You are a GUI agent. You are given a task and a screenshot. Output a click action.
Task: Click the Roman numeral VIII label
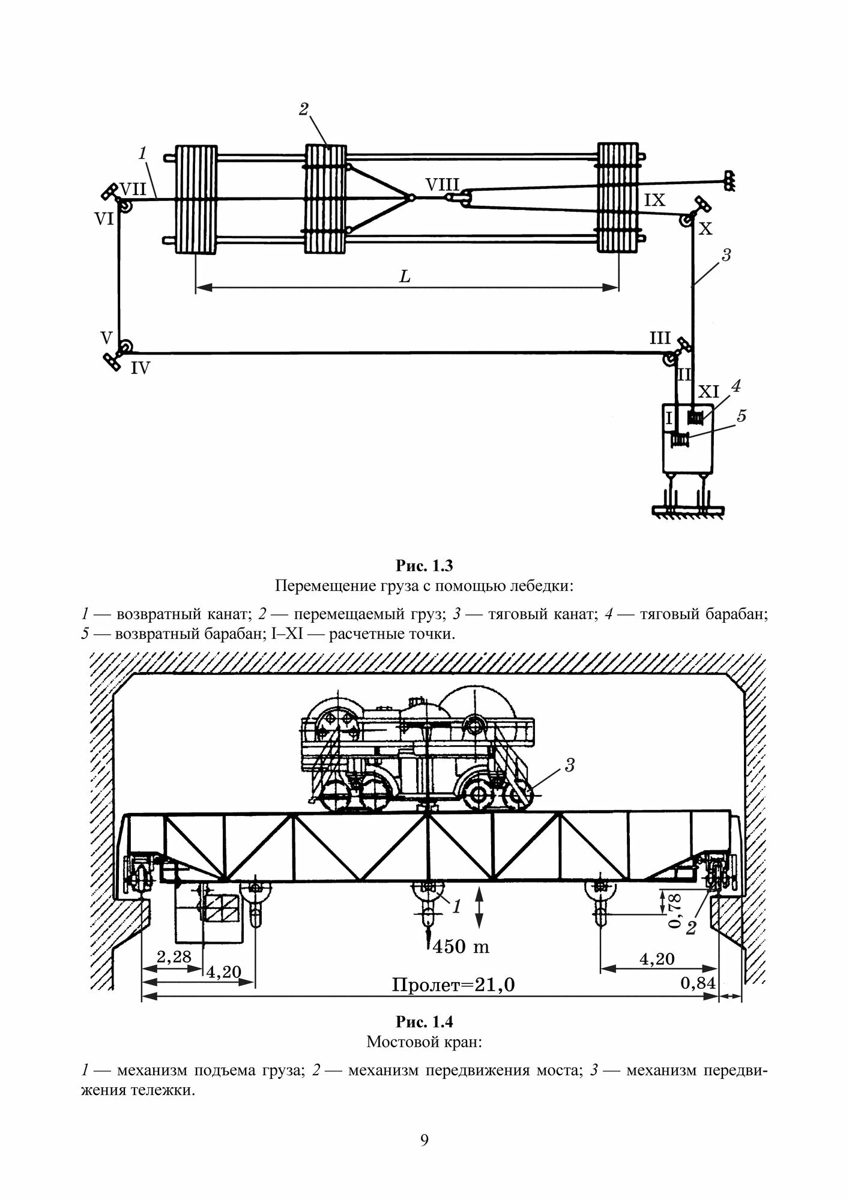[442, 184]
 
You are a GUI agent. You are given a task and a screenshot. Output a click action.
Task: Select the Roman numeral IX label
[654, 200]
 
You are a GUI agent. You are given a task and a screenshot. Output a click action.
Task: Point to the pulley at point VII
[125, 206]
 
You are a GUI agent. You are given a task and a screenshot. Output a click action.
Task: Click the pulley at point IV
[125, 348]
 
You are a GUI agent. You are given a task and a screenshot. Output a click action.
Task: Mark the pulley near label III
[669, 359]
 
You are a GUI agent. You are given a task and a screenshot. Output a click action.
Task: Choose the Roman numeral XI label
[709, 392]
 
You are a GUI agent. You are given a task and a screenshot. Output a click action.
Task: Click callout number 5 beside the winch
[742, 415]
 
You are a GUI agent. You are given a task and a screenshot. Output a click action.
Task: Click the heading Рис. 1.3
[424, 565]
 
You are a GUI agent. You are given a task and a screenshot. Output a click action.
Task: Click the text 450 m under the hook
[461, 946]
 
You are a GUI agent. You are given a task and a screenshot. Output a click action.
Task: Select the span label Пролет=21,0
[453, 985]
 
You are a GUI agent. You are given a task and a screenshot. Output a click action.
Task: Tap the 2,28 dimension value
[174, 956]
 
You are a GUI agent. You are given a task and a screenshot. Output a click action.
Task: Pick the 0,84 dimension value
[697, 983]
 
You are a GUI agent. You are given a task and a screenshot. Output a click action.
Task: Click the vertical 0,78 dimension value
[675, 913]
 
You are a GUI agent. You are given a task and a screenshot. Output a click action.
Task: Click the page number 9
[424, 1140]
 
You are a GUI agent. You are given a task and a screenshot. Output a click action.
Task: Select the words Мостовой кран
[424, 1042]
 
